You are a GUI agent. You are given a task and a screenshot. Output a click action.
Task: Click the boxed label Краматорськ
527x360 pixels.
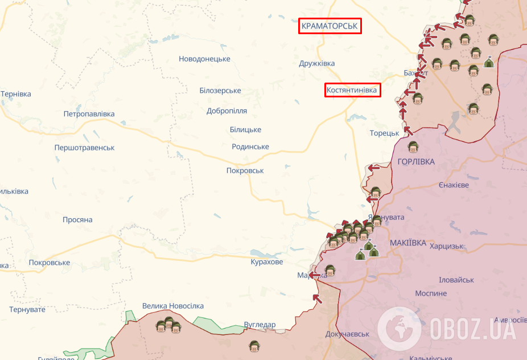(330, 26)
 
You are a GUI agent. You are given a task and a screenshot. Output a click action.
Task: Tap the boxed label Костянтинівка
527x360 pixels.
(352, 90)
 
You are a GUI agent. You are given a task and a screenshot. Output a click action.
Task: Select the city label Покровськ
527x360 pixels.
(245, 170)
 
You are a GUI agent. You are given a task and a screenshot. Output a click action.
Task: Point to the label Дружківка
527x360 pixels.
(316, 63)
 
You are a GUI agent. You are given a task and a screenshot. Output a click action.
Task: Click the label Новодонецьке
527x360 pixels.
(204, 59)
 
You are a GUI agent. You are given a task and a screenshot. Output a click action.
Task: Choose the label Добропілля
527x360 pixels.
(227, 111)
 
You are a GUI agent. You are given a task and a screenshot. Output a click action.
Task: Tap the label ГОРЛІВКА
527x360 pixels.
(416, 162)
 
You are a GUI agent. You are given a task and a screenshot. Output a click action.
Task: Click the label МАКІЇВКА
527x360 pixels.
(408, 243)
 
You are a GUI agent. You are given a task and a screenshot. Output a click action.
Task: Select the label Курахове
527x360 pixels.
(266, 262)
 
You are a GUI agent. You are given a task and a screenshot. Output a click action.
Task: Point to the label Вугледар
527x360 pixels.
(260, 325)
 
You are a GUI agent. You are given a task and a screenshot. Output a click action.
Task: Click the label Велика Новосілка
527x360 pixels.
(173, 306)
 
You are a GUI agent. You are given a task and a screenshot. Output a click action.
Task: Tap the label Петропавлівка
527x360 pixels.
(89, 114)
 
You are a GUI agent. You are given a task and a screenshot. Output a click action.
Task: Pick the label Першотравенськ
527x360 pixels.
(84, 148)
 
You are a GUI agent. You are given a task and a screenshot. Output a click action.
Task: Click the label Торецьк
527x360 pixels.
(385, 133)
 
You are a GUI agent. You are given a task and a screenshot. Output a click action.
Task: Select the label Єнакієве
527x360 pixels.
(454, 185)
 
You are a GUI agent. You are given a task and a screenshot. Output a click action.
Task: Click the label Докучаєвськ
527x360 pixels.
(348, 334)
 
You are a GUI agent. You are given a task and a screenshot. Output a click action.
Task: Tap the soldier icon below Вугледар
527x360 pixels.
(254, 346)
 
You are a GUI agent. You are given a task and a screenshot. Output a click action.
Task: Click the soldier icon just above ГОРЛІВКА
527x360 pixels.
(413, 147)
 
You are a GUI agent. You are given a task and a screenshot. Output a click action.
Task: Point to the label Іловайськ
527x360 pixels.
(456, 280)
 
